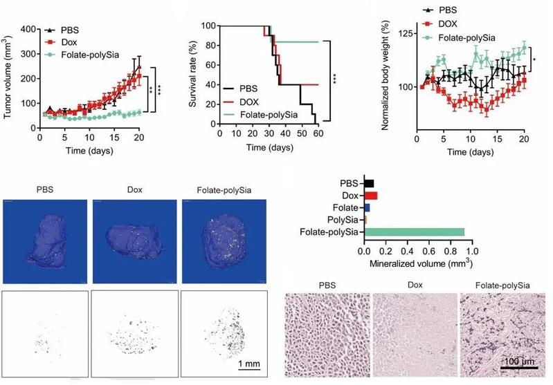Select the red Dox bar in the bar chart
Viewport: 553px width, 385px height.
click(371, 196)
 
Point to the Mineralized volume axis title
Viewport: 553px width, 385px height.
click(416, 263)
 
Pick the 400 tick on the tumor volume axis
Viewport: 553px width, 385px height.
click(28, 29)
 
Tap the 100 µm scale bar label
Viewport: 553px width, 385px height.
click(519, 361)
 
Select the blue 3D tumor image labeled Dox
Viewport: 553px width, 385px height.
click(132, 241)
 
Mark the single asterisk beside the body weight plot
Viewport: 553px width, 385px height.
click(537, 61)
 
